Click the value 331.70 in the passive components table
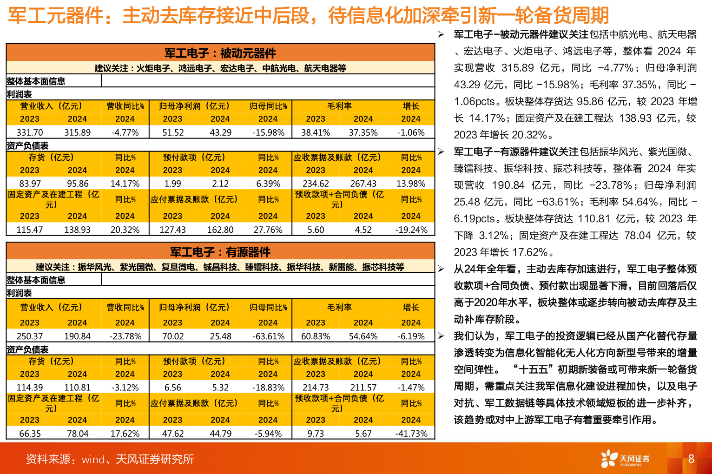coord(30,132)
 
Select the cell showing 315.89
coord(77,132)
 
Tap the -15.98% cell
coord(268,132)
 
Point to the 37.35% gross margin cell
coord(363,132)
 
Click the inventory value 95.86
coord(77,184)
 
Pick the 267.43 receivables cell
coord(363,184)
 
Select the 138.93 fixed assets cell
coord(77,230)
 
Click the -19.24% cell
coord(411,230)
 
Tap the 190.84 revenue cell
coord(77,336)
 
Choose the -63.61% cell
coord(268,336)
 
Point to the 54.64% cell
coord(363,336)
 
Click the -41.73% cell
coord(411,434)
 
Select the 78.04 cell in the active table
coord(77,434)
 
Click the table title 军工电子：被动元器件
coord(220,53)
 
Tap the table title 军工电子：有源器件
coord(220,252)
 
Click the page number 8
coord(691,459)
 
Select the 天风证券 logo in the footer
coord(625,459)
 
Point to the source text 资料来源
coord(110,459)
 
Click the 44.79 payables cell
coord(220,434)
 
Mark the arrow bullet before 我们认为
coord(441,336)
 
